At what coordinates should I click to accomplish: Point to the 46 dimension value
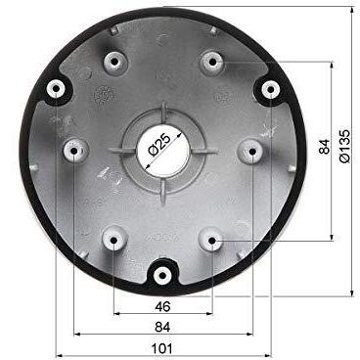(162, 307)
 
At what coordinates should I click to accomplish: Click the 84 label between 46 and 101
(162, 326)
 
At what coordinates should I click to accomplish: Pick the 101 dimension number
(162, 347)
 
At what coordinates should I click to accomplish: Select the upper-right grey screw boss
(211, 62)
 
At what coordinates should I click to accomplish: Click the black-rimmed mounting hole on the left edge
(56, 88)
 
